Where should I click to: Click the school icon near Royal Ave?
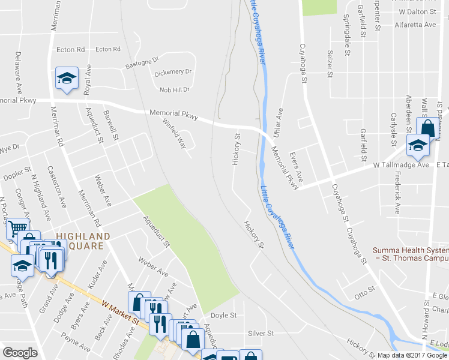[67, 78]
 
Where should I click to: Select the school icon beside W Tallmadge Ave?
[418, 145]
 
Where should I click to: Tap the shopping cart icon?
[17, 229]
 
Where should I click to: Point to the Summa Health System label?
[411, 254]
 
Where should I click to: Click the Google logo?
[20, 353]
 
